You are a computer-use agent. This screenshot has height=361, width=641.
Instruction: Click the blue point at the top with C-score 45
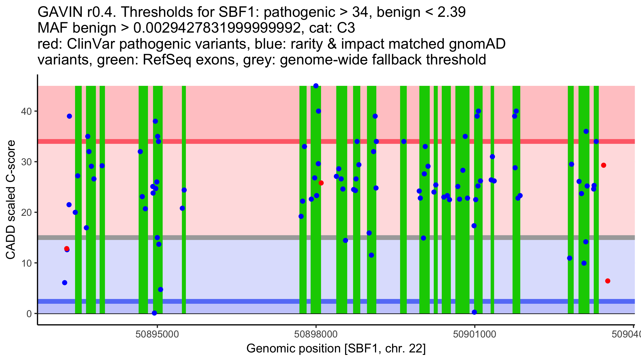[x=316, y=86]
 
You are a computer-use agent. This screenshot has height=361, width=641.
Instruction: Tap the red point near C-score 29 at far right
[x=604, y=165]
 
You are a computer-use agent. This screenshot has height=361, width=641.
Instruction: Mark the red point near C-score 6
[x=608, y=281]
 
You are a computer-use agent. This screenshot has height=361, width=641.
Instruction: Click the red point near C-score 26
[x=321, y=183]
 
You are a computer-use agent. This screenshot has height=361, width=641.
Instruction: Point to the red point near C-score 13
[x=67, y=249]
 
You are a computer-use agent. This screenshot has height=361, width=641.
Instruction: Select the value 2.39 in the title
[x=451, y=12]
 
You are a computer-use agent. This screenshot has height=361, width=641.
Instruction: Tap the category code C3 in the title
[x=346, y=28]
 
